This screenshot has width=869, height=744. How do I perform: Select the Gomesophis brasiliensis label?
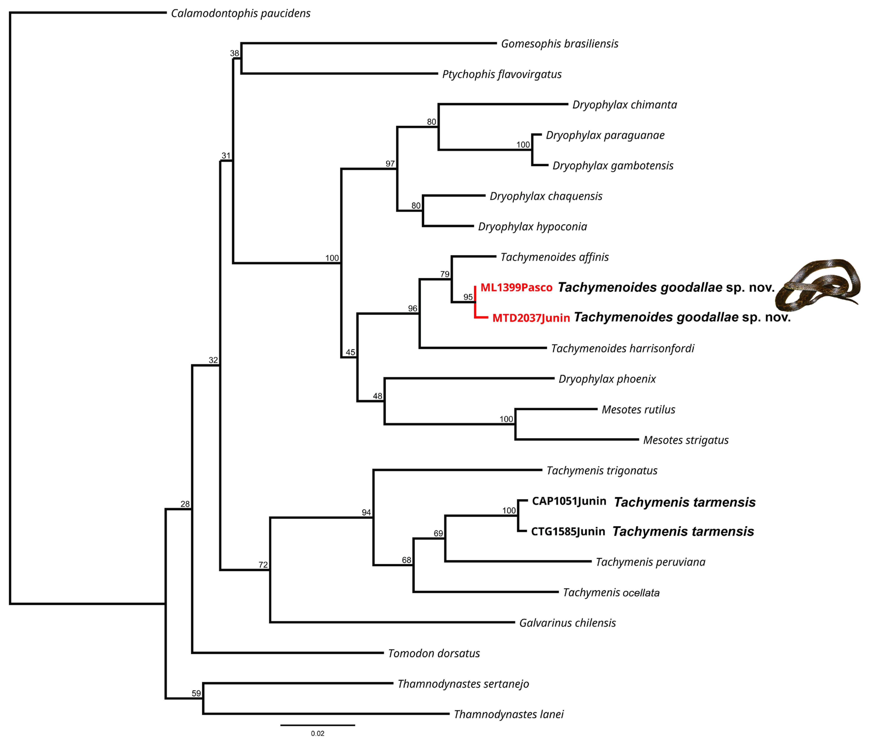pyautogui.click(x=559, y=44)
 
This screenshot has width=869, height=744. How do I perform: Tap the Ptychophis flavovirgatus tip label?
pyautogui.click(x=502, y=74)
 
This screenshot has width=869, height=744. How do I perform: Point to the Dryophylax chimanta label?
pyautogui.click(x=625, y=104)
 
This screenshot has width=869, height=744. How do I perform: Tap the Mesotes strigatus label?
pyautogui.click(x=686, y=440)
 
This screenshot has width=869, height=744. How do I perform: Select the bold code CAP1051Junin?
pyautogui.click(x=569, y=501)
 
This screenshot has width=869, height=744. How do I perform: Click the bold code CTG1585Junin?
pyautogui.click(x=568, y=531)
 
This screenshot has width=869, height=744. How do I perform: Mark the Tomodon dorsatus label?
pyautogui.click(x=434, y=653)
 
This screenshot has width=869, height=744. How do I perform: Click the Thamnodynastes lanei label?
pyautogui.click(x=508, y=714)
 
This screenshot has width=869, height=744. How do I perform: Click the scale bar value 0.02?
pyautogui.click(x=318, y=734)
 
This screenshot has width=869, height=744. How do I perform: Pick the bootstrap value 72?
pyautogui.click(x=263, y=565)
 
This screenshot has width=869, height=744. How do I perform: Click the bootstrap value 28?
pyautogui.click(x=185, y=504)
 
